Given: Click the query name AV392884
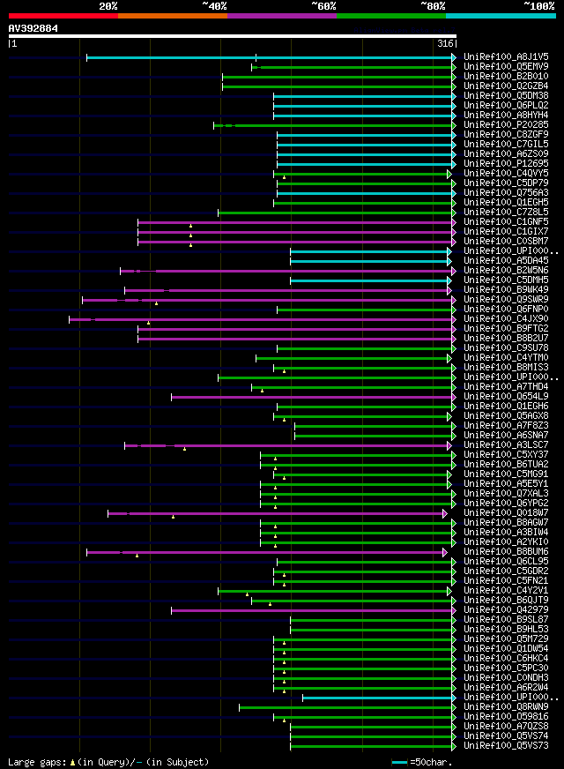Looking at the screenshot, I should (x=33, y=28).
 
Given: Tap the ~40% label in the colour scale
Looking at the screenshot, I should (x=214, y=5).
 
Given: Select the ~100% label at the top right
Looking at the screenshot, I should (x=538, y=5).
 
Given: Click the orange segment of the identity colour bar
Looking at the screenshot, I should (x=172, y=15).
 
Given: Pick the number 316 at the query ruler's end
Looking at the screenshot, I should (x=445, y=43).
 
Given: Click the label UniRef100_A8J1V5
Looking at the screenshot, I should (x=506, y=57).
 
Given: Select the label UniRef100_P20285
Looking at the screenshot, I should (x=506, y=125).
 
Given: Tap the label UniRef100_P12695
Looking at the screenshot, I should (x=506, y=164).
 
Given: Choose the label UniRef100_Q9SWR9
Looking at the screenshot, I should (x=506, y=300).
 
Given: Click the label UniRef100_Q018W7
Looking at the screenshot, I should (x=506, y=513).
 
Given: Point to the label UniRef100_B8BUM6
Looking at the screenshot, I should (x=506, y=552).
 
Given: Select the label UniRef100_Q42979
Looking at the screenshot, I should (x=506, y=610).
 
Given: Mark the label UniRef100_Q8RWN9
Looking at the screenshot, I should (x=506, y=707).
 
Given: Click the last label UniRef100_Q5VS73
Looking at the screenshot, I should (x=506, y=746).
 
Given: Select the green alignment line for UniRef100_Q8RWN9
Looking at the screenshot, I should (x=344, y=706).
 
